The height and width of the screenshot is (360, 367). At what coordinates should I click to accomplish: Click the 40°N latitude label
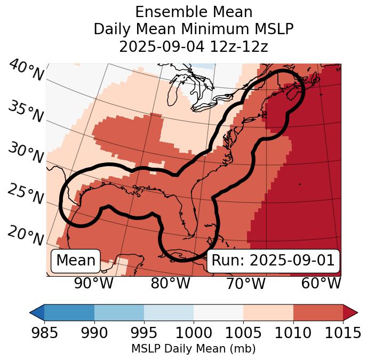26,71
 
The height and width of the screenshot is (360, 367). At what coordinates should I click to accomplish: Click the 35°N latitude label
26,112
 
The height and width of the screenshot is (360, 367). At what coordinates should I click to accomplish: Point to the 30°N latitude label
26,153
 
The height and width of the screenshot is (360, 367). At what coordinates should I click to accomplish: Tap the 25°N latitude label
26,194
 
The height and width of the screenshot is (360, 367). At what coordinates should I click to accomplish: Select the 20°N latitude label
26,236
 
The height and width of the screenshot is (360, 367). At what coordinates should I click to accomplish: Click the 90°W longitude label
94,284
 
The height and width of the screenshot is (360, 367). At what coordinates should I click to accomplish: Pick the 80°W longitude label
171,284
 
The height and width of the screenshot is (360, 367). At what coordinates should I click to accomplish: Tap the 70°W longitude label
245,284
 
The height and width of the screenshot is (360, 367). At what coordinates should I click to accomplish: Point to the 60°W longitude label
321,284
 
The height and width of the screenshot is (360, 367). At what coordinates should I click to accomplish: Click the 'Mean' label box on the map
76,261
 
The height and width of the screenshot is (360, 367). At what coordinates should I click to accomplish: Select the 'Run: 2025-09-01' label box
273,261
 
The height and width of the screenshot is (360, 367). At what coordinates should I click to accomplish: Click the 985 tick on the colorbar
44,333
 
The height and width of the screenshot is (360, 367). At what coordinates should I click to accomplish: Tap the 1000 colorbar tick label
194,333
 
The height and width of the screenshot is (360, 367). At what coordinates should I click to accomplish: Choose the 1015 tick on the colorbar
342,333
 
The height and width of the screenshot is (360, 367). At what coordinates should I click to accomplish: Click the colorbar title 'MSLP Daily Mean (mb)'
193,349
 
